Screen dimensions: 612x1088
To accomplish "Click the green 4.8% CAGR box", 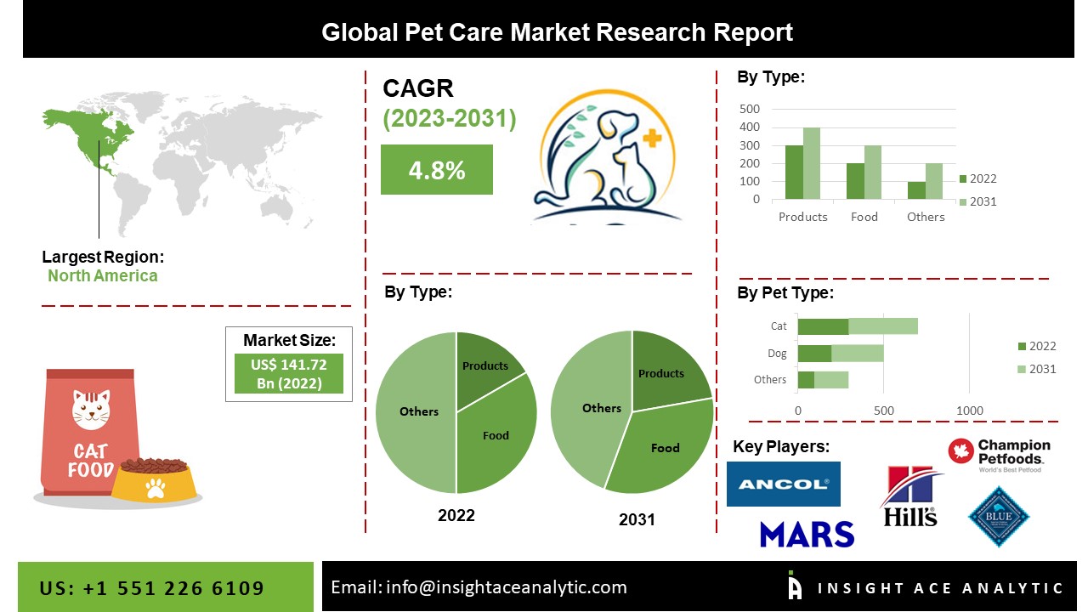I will (x=436, y=170).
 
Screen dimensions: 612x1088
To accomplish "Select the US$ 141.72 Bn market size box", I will (x=288, y=373).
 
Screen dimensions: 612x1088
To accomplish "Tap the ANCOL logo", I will (x=783, y=484).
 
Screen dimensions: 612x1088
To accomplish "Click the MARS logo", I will (x=807, y=534).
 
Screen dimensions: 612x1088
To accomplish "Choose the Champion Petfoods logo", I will (x=1000, y=456).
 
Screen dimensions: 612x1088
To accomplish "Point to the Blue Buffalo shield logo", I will (x=999, y=516).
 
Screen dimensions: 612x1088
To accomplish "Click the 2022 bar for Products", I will (x=793, y=173).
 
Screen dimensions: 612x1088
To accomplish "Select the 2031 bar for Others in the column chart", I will (x=934, y=181).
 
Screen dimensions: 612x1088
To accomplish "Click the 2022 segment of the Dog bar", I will (x=814, y=354).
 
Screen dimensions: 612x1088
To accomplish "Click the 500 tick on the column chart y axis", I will (x=750, y=109).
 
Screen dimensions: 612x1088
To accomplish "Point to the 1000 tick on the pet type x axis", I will (x=970, y=411).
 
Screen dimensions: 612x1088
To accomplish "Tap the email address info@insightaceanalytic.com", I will (x=479, y=587).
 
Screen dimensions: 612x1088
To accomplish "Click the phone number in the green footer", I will (x=152, y=588).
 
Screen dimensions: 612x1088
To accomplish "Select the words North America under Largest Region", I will (x=102, y=275).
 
